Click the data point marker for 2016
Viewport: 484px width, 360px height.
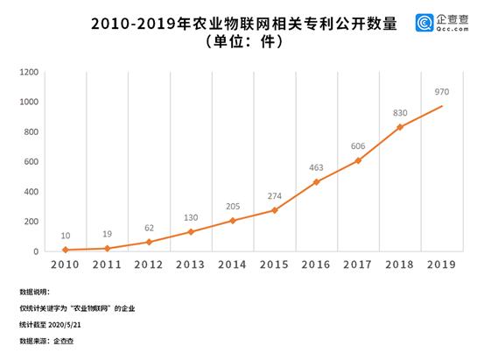pos(316,182)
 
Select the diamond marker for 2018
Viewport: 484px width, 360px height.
pos(400,127)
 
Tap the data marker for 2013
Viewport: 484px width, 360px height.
pos(190,232)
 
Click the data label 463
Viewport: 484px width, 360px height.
pos(316,166)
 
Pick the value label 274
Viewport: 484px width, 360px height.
pos(274,194)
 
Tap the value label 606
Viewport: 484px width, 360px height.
pos(358,145)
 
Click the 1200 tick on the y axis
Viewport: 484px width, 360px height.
pos(28,72)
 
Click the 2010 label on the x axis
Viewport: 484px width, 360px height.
pos(64,265)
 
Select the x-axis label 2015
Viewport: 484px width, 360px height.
pos(274,265)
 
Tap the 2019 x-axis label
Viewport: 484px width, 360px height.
pos(442,265)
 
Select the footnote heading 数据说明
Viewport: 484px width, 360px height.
pos(36,293)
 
